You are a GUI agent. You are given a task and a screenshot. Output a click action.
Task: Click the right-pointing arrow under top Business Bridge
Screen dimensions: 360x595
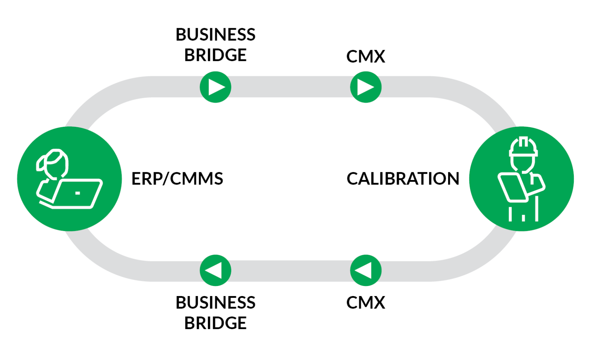point(215,87)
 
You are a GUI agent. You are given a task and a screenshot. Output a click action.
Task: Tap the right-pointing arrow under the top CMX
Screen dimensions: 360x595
point(366,87)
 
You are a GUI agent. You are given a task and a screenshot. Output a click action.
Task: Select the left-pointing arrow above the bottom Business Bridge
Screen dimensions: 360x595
point(215,270)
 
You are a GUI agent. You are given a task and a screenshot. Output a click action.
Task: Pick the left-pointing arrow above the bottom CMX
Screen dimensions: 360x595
point(366,270)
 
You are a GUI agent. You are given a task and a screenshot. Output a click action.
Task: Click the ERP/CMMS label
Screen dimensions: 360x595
point(177,179)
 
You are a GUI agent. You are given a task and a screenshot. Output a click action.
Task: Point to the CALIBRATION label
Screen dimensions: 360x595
point(403,179)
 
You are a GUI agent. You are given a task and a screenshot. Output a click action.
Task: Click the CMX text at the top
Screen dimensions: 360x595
point(366,57)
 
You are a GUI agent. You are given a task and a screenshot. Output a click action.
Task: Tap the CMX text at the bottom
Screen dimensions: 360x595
point(366,302)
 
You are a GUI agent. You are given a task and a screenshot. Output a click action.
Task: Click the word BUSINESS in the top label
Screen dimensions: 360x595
point(215,35)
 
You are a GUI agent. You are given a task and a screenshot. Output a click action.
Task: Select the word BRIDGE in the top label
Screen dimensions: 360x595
point(215,55)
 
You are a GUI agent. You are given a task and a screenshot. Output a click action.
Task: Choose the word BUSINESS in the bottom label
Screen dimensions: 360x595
point(215,302)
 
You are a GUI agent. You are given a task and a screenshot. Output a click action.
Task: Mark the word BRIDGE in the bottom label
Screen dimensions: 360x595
point(215,323)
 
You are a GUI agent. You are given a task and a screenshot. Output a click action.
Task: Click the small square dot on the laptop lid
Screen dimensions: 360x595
point(77,193)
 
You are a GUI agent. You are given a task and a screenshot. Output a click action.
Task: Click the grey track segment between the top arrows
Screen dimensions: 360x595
point(290,87)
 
